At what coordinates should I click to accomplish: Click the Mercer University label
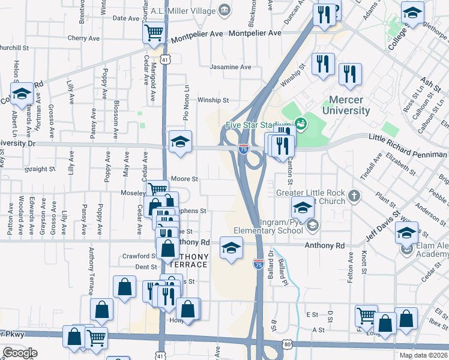(x=346, y=106)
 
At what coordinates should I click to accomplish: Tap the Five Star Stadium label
(x=258, y=125)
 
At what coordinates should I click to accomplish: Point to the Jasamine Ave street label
(x=230, y=67)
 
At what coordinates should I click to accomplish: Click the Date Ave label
(x=126, y=18)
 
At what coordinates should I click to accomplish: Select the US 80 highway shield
(x=288, y=344)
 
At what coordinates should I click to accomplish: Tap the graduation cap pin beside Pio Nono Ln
(x=180, y=142)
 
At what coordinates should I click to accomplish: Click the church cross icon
(x=354, y=196)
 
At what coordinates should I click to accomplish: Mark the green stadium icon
(x=301, y=124)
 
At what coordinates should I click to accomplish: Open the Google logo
(x=20, y=353)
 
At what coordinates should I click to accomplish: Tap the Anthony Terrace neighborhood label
(x=188, y=260)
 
